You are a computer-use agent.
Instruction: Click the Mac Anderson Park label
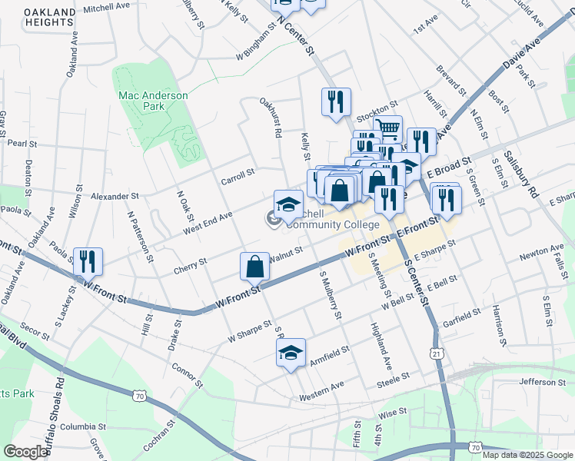153,101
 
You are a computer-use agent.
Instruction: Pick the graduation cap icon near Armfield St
291,353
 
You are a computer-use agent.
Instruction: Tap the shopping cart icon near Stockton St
388,128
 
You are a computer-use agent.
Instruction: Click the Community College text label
333,224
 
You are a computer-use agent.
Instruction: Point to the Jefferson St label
542,382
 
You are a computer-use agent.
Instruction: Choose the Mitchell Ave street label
106,7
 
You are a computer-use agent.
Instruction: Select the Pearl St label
22,143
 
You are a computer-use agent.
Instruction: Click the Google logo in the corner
25,452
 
